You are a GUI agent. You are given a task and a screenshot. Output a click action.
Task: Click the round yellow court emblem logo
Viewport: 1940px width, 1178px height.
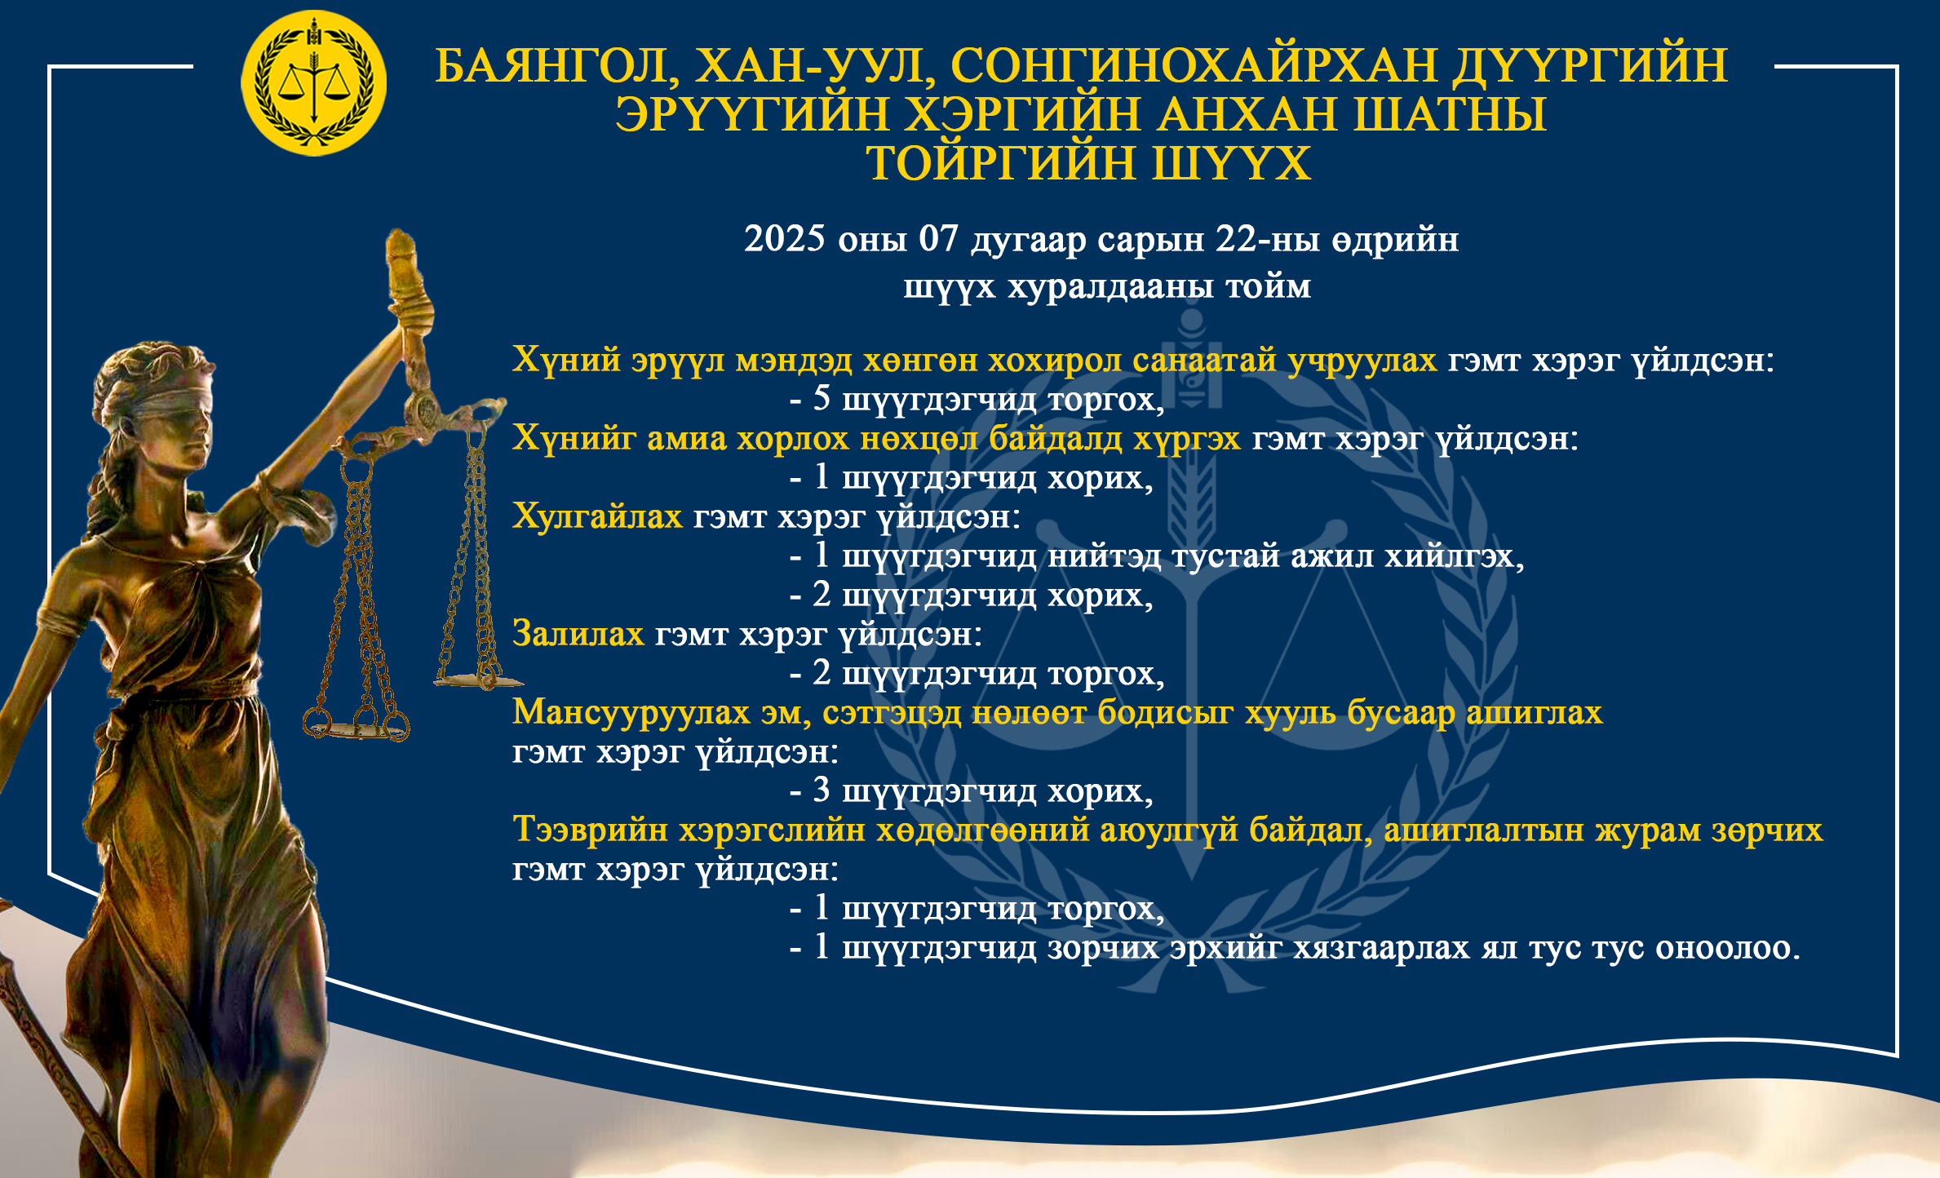314,83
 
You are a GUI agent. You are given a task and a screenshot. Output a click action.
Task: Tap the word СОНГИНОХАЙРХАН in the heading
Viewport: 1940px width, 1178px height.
1194,65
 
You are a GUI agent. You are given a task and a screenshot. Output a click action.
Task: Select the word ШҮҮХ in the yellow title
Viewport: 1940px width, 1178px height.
1231,163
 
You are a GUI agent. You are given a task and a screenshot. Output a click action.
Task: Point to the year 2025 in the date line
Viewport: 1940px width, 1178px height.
785,239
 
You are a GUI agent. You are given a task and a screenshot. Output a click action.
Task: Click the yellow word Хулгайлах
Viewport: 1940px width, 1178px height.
597,516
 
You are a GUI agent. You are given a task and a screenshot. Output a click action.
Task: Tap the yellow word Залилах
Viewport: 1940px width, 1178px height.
578,634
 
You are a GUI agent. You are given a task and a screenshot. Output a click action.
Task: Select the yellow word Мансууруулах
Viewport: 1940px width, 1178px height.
631,713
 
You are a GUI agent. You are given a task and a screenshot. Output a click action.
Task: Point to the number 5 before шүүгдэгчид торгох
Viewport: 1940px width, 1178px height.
822,398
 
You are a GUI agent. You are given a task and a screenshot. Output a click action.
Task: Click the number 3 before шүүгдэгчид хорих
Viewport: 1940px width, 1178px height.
822,790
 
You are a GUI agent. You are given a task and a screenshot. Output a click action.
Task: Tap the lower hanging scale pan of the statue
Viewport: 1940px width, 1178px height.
357,725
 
